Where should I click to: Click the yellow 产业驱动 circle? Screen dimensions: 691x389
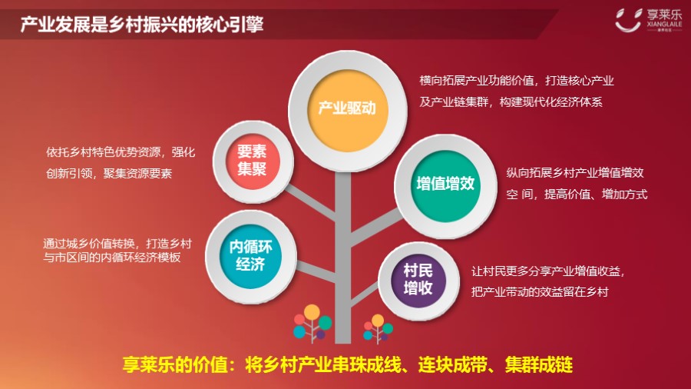[347, 111]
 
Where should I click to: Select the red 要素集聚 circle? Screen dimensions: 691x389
[253, 161]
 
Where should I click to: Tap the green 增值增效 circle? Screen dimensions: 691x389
[445, 186]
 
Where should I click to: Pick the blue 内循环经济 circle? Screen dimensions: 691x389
[250, 256]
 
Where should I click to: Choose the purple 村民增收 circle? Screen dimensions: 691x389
[418, 281]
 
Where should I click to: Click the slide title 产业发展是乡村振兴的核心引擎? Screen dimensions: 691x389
[142, 25]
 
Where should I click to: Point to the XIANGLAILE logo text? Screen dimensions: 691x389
[665, 25]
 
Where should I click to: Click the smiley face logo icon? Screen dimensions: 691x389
[628, 20]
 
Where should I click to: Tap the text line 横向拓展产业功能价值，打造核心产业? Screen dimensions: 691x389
[517, 81]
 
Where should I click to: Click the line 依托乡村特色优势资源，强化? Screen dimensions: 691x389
[121, 152]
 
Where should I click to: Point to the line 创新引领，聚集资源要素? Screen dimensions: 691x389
[109, 174]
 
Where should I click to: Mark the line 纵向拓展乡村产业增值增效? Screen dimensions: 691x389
[575, 173]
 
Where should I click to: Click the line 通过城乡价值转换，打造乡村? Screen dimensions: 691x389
[117, 244]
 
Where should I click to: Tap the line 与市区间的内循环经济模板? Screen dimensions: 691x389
[112, 258]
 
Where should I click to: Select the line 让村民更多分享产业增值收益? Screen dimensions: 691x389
[547, 271]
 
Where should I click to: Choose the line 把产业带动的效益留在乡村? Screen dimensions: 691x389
[540, 292]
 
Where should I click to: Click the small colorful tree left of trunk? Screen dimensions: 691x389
[312, 324]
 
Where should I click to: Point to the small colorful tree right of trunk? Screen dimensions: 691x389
[378, 328]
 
